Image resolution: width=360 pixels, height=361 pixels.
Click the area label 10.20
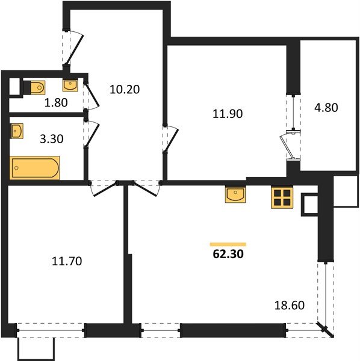125,89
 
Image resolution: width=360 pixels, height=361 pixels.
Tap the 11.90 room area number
228,114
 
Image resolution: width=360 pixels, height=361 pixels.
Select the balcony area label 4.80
326,108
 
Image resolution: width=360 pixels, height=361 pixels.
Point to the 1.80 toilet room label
56,102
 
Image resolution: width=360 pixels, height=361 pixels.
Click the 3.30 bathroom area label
52,139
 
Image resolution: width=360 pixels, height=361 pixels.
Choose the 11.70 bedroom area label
67,261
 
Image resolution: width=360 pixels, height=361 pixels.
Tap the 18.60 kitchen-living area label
290,305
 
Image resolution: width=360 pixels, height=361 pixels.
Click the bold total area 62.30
228,254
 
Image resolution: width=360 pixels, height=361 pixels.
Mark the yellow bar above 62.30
228,244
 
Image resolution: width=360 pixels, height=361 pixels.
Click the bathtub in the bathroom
35,168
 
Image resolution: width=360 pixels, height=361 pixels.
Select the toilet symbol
34,87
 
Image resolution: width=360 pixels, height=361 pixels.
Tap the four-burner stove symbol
282,198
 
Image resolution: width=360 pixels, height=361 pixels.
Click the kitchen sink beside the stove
235,194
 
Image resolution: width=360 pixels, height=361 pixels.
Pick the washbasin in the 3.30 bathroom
17,131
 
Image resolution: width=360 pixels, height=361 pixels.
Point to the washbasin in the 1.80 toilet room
70,85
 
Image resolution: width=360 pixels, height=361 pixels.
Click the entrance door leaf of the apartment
74,49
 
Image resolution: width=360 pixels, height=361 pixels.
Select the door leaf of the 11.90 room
172,141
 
